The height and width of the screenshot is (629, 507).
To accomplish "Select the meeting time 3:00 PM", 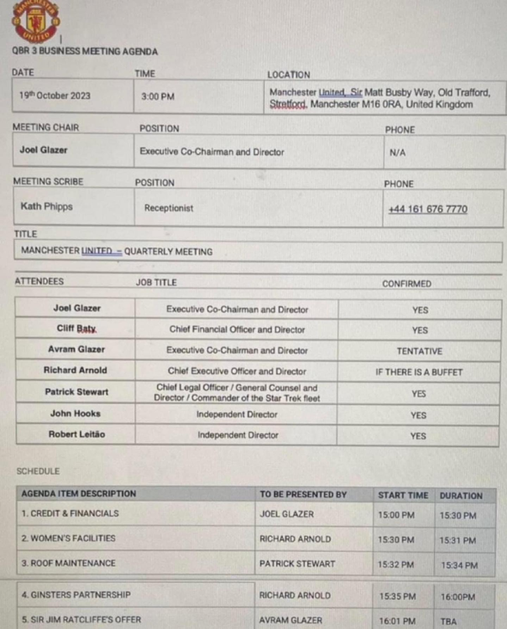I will [x=158, y=96].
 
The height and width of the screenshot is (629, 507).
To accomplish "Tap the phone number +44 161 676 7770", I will [x=427, y=209].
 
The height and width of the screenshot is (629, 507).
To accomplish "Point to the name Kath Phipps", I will [x=47, y=205].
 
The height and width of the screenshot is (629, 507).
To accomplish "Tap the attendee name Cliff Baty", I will [x=76, y=330].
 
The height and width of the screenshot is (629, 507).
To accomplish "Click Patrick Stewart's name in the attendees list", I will [x=76, y=392].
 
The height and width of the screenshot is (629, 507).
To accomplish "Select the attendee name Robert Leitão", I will [x=76, y=435].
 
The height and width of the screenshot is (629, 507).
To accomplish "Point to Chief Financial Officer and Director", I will [x=238, y=330].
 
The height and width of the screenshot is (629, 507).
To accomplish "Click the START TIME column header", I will [x=403, y=495].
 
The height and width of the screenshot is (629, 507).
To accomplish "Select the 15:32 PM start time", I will [x=396, y=564].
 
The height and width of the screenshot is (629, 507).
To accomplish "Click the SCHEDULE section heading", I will [x=37, y=471].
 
